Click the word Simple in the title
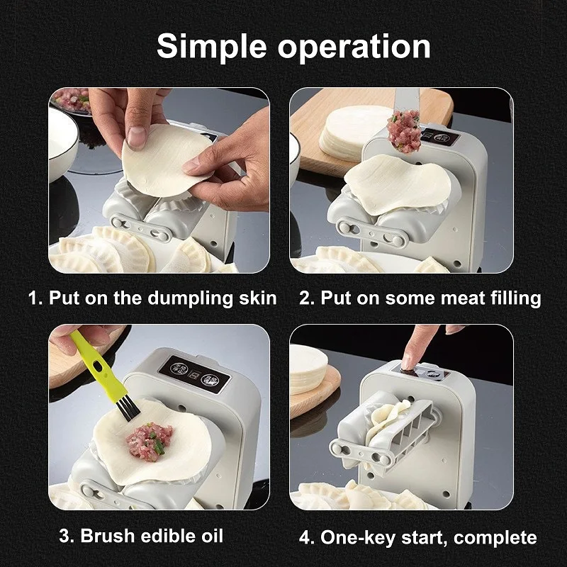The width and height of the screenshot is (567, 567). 211,47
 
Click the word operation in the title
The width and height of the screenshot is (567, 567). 354,47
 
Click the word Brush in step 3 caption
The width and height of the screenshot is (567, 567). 108,535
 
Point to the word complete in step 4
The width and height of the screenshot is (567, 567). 495,538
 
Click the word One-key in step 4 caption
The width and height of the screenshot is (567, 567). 358,537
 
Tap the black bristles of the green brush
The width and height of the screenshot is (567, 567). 128,409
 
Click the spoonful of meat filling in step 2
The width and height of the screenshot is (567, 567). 404,132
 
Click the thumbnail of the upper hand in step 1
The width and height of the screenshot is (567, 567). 137,137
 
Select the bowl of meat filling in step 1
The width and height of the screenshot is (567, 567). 71,101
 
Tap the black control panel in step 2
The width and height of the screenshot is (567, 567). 439,137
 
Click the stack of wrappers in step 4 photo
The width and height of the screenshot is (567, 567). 308,369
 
